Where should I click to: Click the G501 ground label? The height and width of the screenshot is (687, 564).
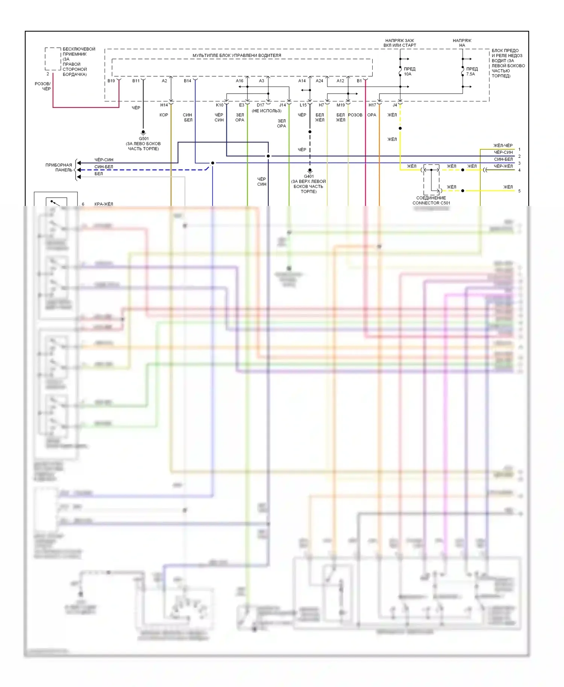click(144, 139)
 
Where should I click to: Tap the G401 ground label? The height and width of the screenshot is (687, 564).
click(309, 176)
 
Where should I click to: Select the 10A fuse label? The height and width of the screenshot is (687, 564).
click(408, 74)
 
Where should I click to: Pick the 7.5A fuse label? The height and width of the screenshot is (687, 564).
click(470, 74)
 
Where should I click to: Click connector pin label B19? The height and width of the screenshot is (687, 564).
click(111, 81)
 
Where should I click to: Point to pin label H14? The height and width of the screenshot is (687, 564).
click(164, 105)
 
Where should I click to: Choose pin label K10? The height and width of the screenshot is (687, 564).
click(220, 105)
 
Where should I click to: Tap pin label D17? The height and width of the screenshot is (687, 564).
click(261, 105)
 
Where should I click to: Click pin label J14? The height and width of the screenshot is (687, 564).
click(282, 105)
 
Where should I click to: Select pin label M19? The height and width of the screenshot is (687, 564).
click(341, 105)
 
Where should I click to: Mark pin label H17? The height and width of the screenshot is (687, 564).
click(372, 105)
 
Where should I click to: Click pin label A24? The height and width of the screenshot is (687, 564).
click(319, 81)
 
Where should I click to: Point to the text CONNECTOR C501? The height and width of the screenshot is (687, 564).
click(431, 203)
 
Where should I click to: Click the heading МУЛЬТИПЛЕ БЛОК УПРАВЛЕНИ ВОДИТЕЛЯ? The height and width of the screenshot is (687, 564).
click(237, 56)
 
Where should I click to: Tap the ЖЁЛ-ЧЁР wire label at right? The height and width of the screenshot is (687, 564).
click(503, 145)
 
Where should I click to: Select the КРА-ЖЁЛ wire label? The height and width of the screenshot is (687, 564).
click(104, 204)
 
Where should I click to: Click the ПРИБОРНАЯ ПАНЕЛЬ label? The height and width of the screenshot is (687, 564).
click(59, 168)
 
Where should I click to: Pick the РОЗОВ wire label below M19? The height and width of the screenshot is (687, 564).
click(355, 115)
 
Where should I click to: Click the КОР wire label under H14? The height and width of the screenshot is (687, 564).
click(164, 115)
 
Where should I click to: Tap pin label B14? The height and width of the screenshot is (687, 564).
click(187, 81)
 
